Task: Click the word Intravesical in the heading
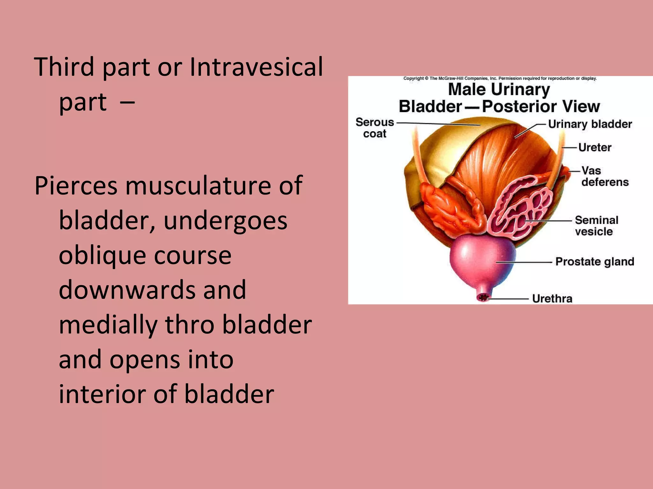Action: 256,67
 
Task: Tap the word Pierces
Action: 76,186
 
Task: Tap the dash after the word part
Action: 128,102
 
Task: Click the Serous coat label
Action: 375,128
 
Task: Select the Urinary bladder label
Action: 590,124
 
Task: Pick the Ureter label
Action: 595,147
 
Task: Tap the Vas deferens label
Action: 604,176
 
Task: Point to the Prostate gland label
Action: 595,262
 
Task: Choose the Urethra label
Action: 552,299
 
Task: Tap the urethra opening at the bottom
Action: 483,298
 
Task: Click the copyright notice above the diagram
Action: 500,78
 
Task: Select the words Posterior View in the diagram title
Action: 541,106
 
